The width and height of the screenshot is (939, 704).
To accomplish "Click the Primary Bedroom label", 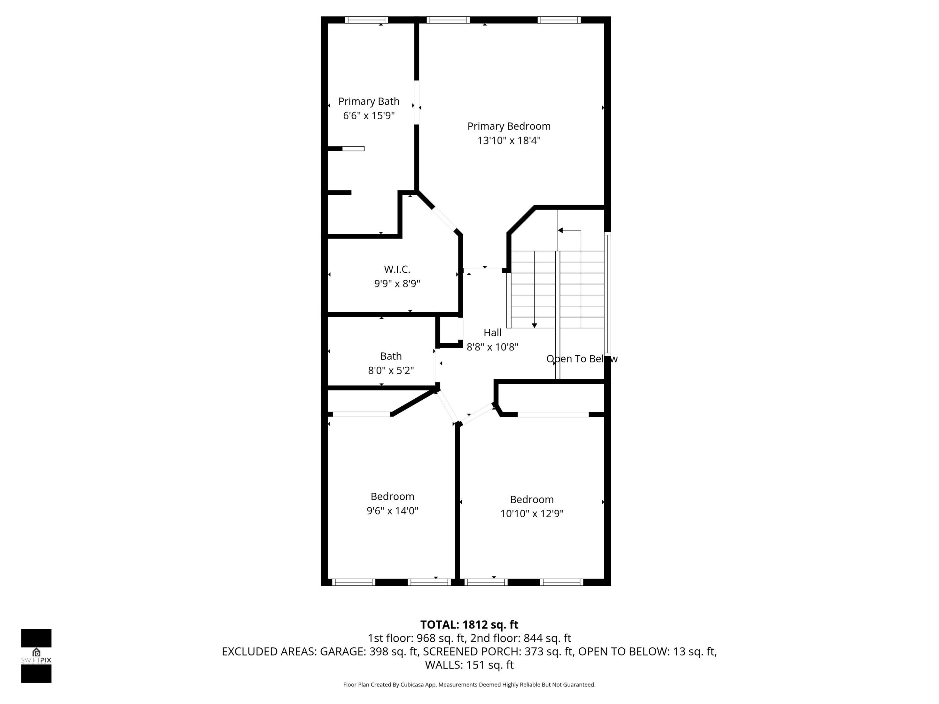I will pos(509,126).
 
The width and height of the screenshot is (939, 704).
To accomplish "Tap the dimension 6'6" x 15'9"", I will pos(368,115).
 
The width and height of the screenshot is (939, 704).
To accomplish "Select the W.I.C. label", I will pos(397,269).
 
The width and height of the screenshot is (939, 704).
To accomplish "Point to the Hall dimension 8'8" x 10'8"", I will pos(492,347).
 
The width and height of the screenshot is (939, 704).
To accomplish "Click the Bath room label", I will pos(391,356).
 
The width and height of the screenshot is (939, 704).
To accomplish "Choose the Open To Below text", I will pos(582,359).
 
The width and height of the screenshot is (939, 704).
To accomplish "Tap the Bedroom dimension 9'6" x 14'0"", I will pos(392,510).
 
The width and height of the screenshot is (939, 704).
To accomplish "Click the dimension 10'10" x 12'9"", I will pos(531,513).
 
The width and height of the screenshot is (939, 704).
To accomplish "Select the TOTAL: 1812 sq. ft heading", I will pos(469,625).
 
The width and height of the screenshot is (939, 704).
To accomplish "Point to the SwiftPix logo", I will pos(36,656).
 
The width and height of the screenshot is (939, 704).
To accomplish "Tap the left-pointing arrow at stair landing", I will pos(560,230).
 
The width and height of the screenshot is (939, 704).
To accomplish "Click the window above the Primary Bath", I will pos(366,20).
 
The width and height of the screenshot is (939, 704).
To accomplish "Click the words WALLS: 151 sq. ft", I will pos(469,665).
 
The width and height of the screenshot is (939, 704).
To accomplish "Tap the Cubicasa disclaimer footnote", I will pos(469,684).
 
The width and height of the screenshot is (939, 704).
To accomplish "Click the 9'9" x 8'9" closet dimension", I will pos(397,284).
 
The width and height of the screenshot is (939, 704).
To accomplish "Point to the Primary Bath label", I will pos(368,101).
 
